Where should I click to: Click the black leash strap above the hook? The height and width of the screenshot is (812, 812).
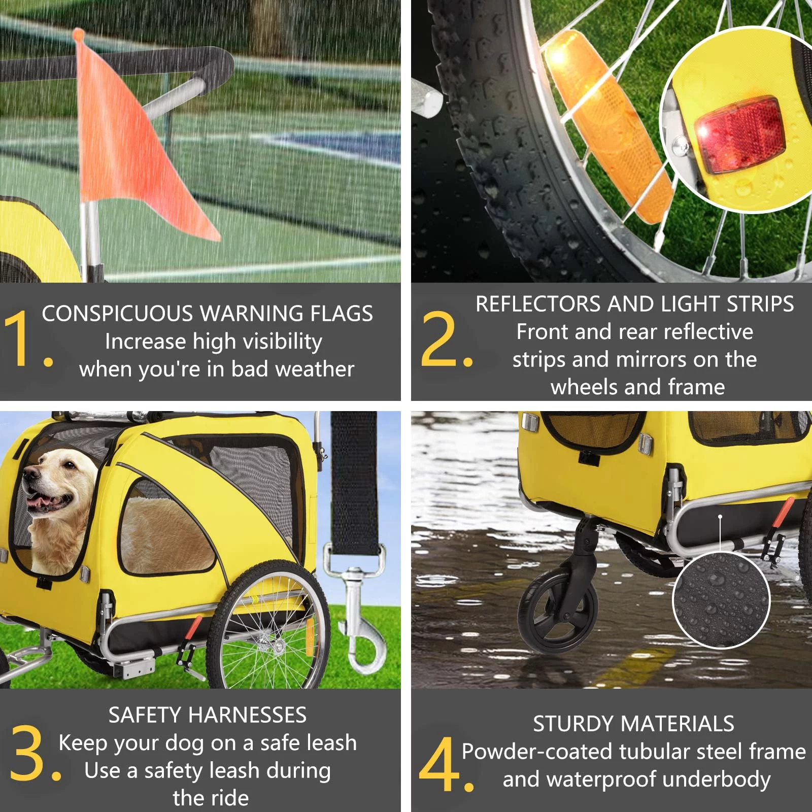[x=354, y=482]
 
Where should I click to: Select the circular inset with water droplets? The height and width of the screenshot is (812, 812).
[x=721, y=600]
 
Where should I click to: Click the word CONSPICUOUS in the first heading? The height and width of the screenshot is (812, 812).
[x=117, y=314]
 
